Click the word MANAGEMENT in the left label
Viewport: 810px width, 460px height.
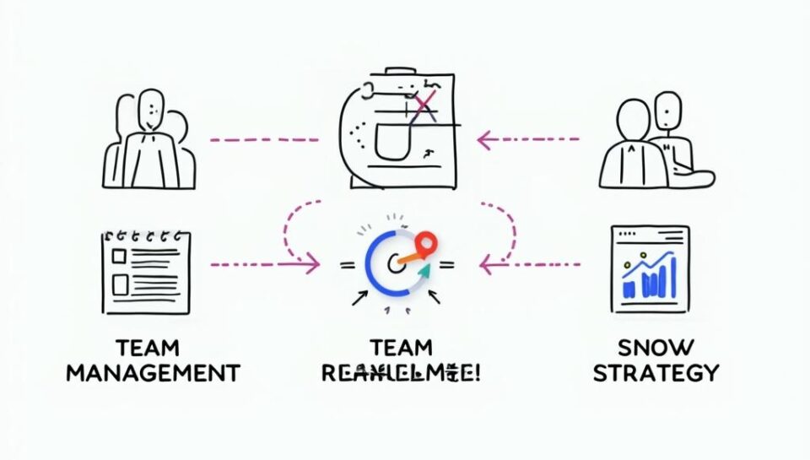coord(153,372)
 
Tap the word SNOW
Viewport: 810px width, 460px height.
coord(655,346)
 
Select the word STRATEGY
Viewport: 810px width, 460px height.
coord(656,372)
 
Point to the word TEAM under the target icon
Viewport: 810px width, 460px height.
coord(401,346)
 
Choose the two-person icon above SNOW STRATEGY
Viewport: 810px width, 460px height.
coord(654,141)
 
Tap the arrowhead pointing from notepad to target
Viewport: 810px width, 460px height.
coord(314,265)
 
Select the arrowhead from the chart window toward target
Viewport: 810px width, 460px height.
coord(485,265)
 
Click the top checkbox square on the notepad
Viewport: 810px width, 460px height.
coord(119,256)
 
